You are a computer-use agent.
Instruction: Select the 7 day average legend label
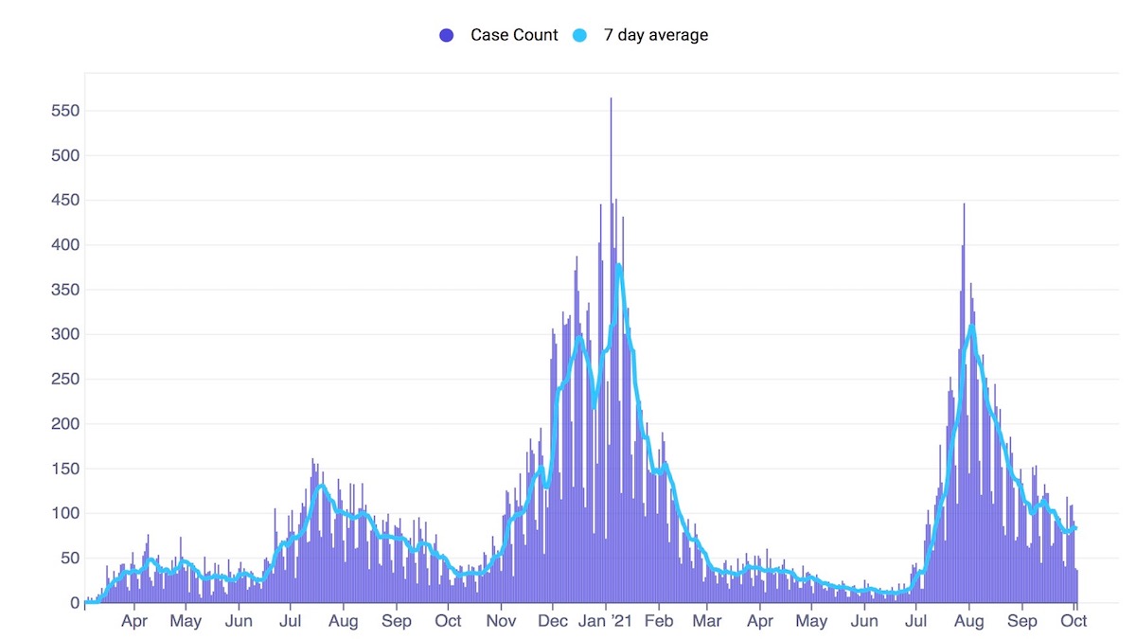click(x=655, y=35)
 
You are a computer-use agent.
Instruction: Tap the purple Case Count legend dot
click(x=447, y=35)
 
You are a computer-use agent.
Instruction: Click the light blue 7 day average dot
click(x=580, y=35)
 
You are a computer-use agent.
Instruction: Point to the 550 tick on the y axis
click(x=64, y=111)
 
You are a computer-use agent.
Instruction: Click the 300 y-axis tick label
click(x=64, y=334)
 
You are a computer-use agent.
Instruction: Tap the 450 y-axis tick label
click(x=64, y=201)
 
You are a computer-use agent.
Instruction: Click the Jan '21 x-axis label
click(x=604, y=622)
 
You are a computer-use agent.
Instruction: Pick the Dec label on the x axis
click(x=552, y=622)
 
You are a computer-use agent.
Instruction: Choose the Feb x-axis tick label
click(x=659, y=622)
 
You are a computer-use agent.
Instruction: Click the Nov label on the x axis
click(x=501, y=622)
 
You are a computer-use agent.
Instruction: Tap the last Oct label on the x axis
click(x=1074, y=622)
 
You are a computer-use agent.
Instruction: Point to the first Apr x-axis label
click(x=134, y=622)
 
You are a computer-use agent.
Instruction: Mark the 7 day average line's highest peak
click(x=618, y=265)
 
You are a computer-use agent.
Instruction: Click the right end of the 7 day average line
click(x=1076, y=528)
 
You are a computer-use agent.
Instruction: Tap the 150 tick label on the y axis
click(x=64, y=469)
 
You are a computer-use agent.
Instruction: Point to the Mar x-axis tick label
click(x=707, y=622)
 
